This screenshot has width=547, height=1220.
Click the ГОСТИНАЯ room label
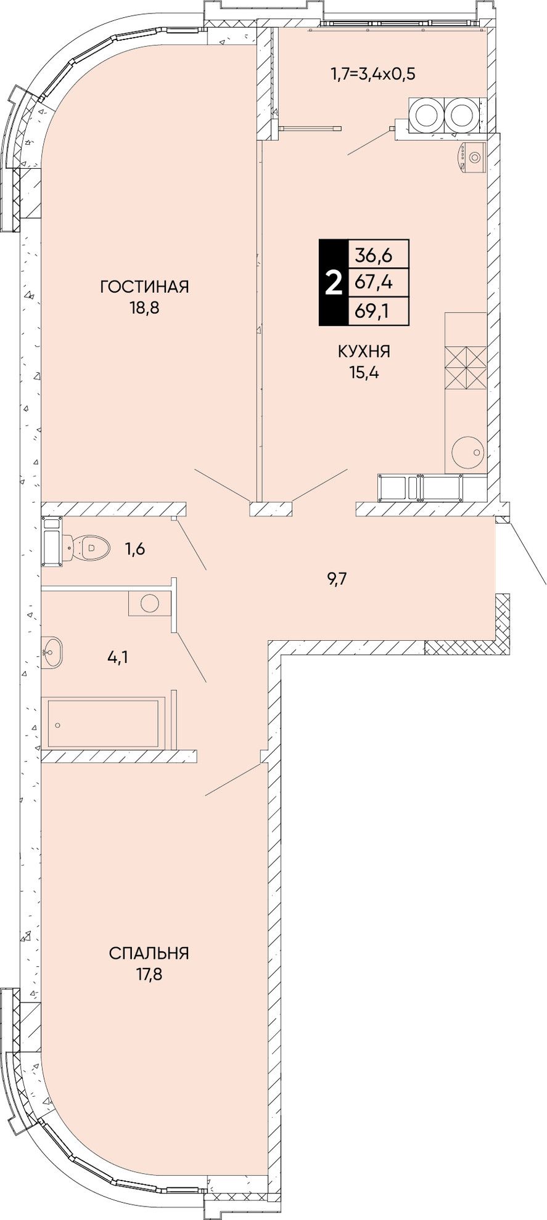coord(144,287)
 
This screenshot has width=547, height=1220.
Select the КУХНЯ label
coord(364,352)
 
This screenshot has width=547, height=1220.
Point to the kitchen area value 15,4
coord(363,373)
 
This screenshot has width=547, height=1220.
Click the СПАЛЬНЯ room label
coord(149,953)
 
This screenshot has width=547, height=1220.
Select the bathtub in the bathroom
coord(102,723)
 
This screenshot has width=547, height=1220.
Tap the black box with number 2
coord(333,282)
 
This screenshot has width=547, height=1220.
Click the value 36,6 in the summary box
coord(374,254)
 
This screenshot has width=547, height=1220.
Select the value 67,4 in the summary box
coord(374,283)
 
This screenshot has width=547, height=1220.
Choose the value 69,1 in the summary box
coord(373,311)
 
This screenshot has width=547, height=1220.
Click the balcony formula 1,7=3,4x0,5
coord(373,75)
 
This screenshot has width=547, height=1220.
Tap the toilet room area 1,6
coord(135,548)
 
